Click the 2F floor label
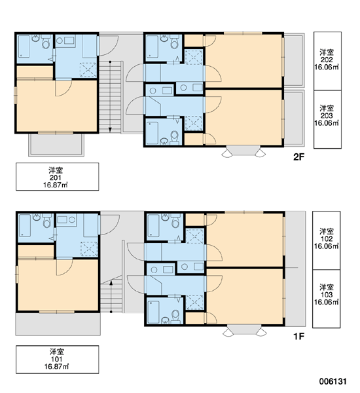pos(298,157)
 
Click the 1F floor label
pos(298,336)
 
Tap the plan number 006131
pos(333,381)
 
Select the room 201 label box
pos(57,177)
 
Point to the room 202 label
pos(327,61)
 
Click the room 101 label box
pos(57,360)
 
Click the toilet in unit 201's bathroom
pos(46,42)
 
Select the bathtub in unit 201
pos(24,47)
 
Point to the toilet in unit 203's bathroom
pos(174,138)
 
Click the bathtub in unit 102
pos(153,225)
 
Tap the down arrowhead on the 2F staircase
pos(110,130)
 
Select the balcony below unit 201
pos(56,145)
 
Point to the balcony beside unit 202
pos(294,60)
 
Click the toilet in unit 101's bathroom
pos(47,221)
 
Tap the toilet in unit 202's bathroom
pos(175,42)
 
